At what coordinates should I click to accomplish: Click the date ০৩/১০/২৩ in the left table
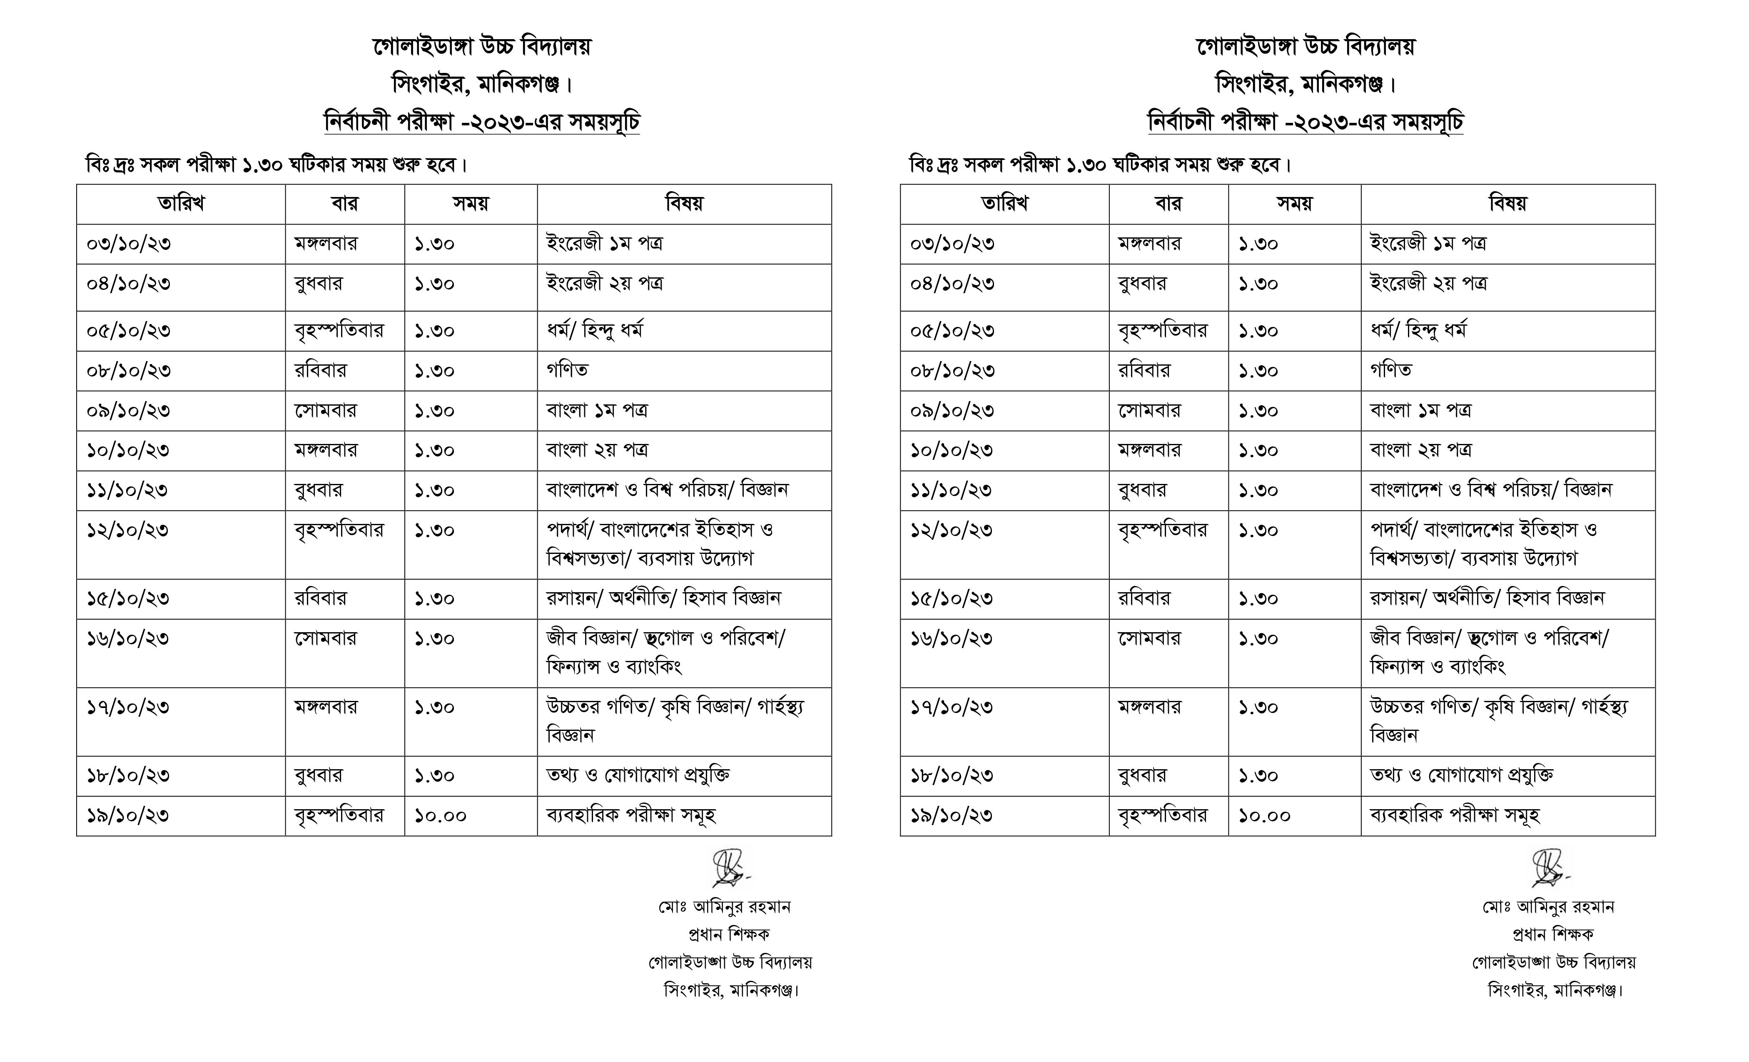click(129, 244)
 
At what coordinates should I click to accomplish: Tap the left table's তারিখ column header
click(181, 204)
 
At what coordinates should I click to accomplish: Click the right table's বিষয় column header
click(1507, 204)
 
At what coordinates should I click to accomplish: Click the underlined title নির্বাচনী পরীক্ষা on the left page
click(482, 122)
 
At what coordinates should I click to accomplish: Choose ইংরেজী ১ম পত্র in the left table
click(604, 244)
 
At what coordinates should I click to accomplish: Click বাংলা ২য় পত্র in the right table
click(1420, 450)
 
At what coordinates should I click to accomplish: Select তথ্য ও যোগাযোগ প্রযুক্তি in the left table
click(638, 775)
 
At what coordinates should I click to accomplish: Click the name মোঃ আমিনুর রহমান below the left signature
click(724, 907)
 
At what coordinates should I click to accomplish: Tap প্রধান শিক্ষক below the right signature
click(1553, 934)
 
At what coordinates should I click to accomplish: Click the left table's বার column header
click(345, 204)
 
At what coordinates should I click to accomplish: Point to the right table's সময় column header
click(1295, 204)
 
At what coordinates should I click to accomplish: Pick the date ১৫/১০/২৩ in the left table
click(128, 598)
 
